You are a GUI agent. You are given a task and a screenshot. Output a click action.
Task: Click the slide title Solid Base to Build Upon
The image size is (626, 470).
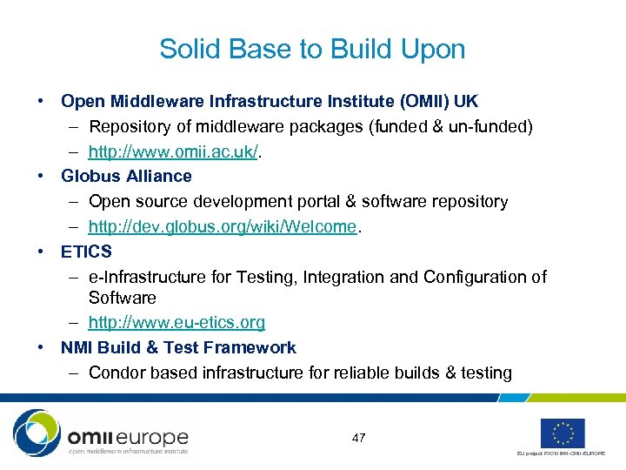[x=312, y=50]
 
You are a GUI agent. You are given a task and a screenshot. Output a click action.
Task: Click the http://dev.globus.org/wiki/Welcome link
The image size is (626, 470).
[x=223, y=227]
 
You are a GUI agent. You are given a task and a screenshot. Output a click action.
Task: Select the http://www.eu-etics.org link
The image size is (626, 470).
[x=176, y=323]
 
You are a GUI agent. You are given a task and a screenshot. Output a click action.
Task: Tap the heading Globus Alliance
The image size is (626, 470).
[x=126, y=177]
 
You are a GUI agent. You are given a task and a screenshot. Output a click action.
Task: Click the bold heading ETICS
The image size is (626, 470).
[x=86, y=252]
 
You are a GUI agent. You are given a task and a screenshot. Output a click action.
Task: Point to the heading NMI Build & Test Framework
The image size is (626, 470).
[x=178, y=348]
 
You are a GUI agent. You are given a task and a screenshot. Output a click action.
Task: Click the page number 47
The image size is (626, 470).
[x=358, y=438]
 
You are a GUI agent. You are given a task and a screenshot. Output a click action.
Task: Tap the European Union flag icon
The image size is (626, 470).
[x=563, y=433]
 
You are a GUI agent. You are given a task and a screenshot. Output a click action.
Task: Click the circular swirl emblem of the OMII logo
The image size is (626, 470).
[x=37, y=433]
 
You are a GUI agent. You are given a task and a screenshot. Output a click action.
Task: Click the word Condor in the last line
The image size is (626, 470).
[x=117, y=373]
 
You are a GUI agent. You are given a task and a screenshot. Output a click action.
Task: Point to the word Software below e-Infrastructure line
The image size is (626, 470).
[x=122, y=298]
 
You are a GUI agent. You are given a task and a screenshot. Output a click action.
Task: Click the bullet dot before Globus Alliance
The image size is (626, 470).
[x=41, y=177]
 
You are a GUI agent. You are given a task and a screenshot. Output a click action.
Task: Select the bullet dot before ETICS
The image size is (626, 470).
[x=41, y=252]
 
